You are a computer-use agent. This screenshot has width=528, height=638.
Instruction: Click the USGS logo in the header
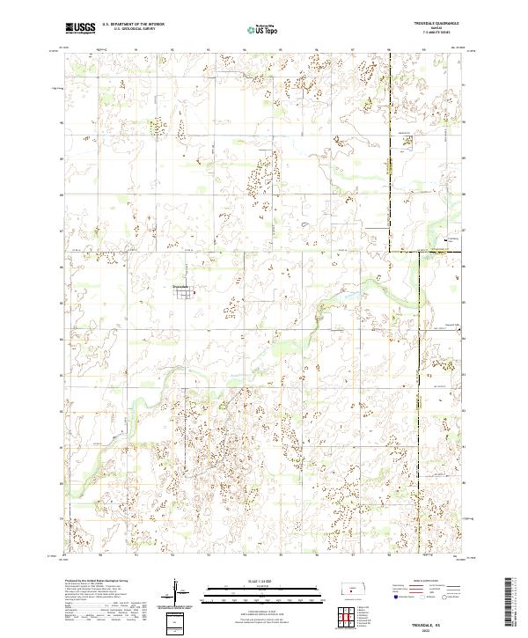click(x=79, y=28)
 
